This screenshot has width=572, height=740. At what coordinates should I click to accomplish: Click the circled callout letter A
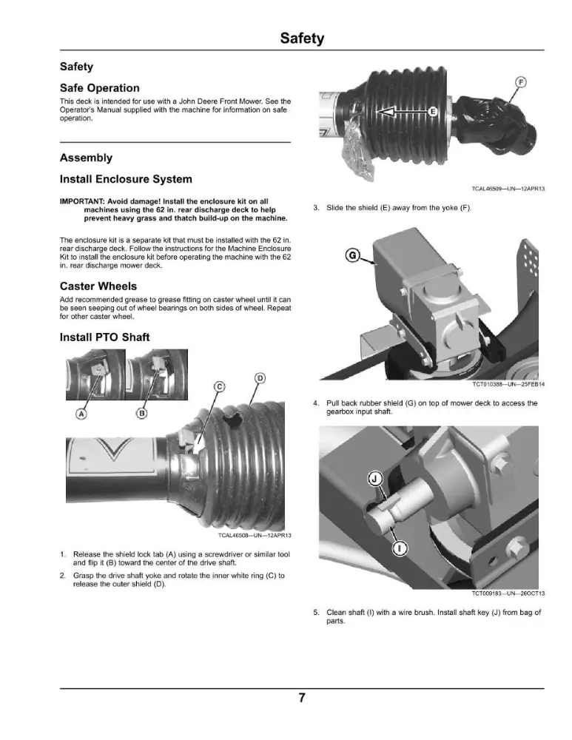[81, 414]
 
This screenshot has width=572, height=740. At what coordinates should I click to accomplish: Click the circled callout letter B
[141, 414]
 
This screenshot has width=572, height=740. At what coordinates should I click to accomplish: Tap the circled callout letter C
[220, 386]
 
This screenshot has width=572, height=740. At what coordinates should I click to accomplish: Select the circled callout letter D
[260, 378]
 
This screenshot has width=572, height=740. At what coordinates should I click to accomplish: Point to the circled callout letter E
[433, 112]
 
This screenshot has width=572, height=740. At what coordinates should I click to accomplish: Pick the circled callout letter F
[520, 82]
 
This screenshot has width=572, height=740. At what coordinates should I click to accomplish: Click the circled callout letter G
[352, 256]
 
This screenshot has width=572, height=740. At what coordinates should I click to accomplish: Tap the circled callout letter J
[374, 479]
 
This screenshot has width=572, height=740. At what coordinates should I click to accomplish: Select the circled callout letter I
[400, 548]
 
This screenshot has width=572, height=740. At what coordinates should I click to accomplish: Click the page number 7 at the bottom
[302, 698]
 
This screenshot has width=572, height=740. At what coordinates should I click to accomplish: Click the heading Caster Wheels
[98, 286]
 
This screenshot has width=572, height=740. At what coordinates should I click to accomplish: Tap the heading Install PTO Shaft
[105, 337]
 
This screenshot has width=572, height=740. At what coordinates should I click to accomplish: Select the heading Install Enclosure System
[126, 179]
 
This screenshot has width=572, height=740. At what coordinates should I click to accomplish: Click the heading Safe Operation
[100, 88]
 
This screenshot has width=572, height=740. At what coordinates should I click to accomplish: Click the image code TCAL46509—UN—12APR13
[508, 189]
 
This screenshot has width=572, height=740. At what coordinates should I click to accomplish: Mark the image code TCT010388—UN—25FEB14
[508, 384]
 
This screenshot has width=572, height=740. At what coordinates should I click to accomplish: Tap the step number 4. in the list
[316, 403]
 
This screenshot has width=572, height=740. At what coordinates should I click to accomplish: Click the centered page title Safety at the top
[302, 38]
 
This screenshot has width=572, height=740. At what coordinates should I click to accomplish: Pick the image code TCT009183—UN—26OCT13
[508, 593]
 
